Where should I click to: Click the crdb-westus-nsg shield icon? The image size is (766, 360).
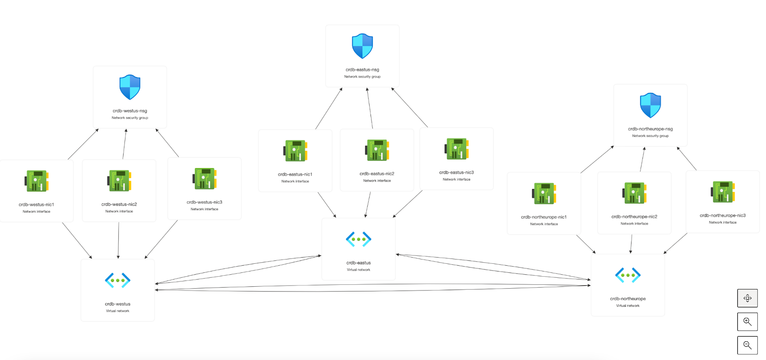[x=130, y=87]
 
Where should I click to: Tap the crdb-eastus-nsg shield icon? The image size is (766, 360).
[x=362, y=46]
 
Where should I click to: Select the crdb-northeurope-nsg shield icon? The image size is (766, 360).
[x=650, y=105]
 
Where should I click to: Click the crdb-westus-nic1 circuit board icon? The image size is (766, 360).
[x=37, y=181]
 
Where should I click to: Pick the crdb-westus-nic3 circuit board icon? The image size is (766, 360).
[x=205, y=179]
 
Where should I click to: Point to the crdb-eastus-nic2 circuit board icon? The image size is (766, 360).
[x=377, y=150]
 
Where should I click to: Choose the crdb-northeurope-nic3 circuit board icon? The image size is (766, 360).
[x=723, y=192]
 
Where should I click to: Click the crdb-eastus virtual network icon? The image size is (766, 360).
[x=359, y=239]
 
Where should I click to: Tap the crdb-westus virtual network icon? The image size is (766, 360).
[x=118, y=281]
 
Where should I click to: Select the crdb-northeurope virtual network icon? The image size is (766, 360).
[x=628, y=275]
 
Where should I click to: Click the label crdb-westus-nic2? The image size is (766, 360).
[x=119, y=204]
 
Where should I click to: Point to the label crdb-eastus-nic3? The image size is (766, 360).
[x=456, y=172]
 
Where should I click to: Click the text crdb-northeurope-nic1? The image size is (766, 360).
[x=544, y=217]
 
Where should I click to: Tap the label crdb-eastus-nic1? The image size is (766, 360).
[x=295, y=174]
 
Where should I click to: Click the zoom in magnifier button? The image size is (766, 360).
[x=747, y=322]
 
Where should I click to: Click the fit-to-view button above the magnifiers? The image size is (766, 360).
[x=747, y=298]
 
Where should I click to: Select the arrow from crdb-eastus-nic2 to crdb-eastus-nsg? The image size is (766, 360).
[x=370, y=108]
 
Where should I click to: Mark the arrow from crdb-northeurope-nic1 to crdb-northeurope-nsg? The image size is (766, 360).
[x=597, y=159]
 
